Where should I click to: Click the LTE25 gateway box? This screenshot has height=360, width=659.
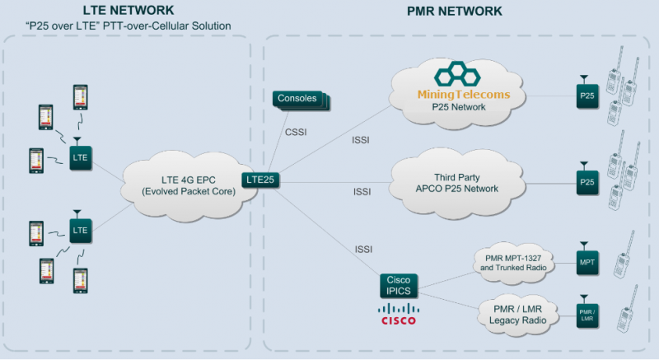(258, 179)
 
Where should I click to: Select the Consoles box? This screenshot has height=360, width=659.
(297, 100)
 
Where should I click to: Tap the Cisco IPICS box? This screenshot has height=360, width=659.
(399, 286)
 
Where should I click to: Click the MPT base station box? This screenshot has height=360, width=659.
(587, 263)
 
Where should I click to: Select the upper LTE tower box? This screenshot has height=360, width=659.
(80, 157)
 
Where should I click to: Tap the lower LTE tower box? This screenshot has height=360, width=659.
(80, 231)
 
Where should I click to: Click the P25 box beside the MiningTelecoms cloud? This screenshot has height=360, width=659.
(587, 98)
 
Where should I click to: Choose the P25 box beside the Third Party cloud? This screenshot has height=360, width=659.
(587, 182)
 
